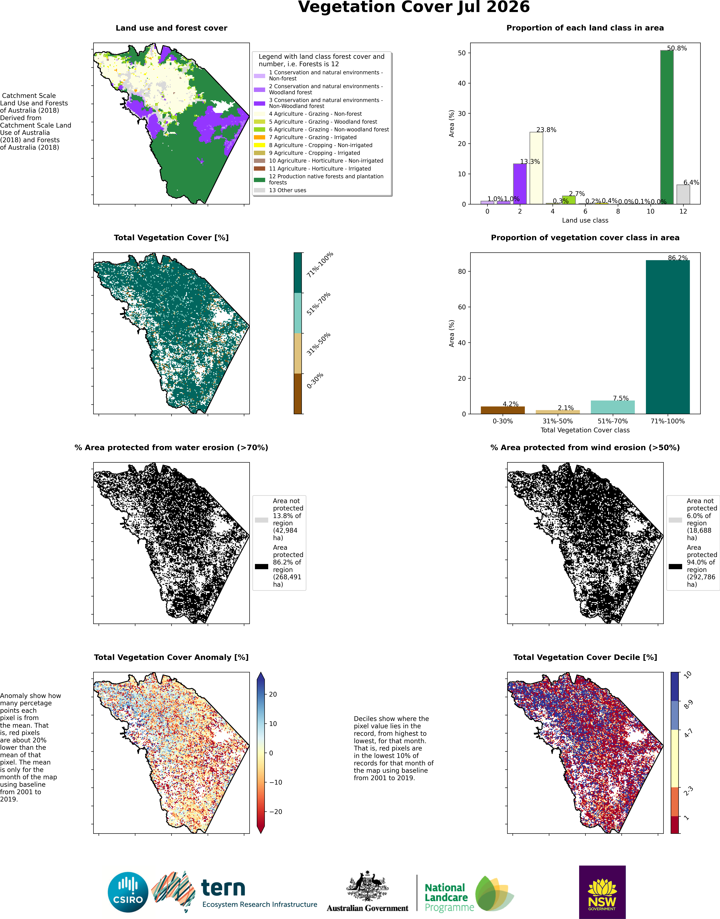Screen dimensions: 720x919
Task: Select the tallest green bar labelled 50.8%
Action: tap(666, 127)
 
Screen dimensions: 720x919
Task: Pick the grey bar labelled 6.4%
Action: tap(683, 194)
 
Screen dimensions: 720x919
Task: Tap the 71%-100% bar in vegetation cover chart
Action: tap(668, 337)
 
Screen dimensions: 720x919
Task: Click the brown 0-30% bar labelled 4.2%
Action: tap(502, 410)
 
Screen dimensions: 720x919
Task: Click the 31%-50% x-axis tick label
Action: tap(558, 421)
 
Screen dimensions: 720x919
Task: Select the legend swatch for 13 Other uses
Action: tap(260, 190)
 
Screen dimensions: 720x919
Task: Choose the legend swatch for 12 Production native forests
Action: tap(260, 180)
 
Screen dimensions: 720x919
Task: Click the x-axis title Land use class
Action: tap(585, 220)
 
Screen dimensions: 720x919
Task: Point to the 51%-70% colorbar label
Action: tap(319, 304)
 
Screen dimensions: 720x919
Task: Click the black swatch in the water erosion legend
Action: tap(261, 566)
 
